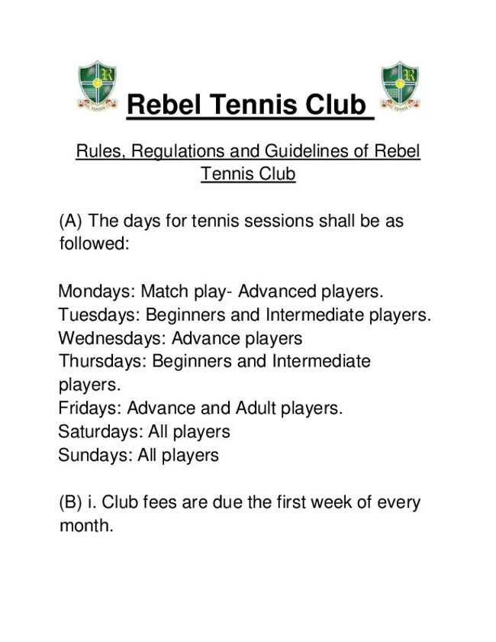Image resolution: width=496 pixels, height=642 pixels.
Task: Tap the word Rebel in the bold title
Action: coord(161,105)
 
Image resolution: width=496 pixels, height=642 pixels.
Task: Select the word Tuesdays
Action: coord(98,315)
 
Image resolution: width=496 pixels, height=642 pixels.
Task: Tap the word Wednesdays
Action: coord(111,338)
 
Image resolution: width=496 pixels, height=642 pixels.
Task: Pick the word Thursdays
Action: coord(101,361)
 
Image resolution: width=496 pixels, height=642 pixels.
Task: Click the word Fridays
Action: coord(89,408)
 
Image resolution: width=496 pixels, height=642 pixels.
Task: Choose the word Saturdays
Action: coord(100,431)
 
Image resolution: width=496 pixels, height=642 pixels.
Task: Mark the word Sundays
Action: coord(95,455)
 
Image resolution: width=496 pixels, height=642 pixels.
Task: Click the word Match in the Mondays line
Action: coord(162,292)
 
